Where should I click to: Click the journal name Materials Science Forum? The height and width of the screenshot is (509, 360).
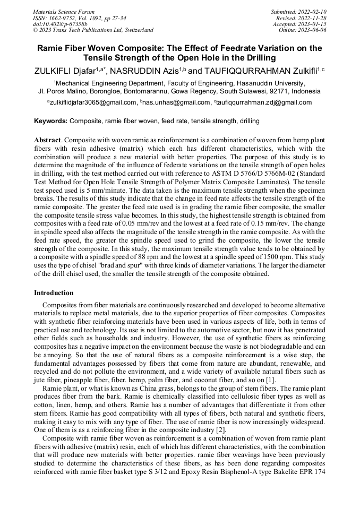tap(64, 12)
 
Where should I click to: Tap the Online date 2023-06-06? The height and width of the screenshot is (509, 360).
tap(312, 30)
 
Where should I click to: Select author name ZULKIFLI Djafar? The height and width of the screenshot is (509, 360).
tap(65, 70)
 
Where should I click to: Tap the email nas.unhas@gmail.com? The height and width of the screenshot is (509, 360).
tap(176, 102)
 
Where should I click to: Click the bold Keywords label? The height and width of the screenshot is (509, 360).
tap(51, 121)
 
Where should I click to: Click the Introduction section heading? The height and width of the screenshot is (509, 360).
tap(54, 293)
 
